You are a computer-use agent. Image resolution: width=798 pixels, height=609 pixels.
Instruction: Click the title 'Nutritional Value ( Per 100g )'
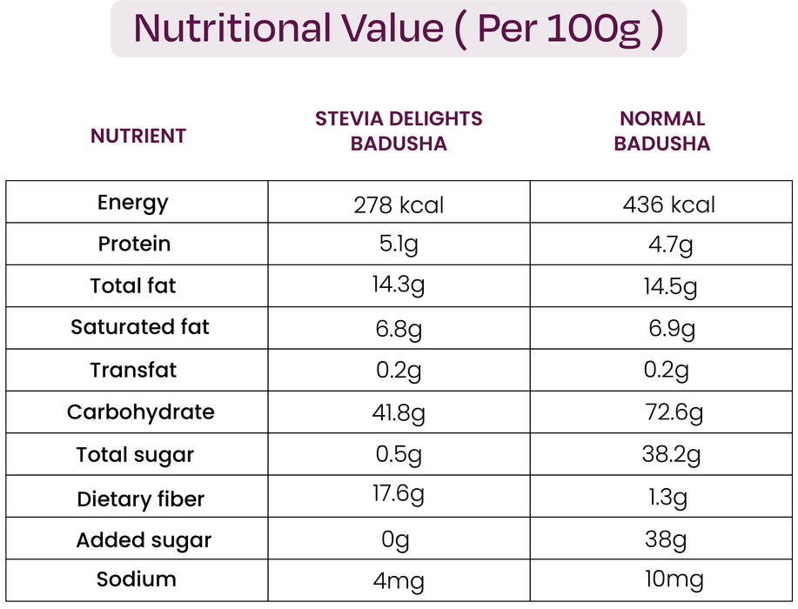click(399, 29)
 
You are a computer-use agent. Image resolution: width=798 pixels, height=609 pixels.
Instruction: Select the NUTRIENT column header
click(138, 136)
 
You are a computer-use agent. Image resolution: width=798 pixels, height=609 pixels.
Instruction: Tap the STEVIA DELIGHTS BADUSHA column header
click(399, 131)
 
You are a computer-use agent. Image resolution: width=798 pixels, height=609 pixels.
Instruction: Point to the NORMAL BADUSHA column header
click(662, 131)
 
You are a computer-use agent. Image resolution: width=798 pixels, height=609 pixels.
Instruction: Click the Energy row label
click(133, 203)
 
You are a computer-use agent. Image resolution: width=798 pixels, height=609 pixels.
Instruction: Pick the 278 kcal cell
click(399, 205)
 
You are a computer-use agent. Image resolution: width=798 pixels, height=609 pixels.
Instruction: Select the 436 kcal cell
click(669, 205)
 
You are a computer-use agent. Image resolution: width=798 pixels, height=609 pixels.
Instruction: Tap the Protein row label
click(134, 244)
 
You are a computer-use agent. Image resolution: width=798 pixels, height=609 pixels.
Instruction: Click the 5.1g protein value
click(399, 245)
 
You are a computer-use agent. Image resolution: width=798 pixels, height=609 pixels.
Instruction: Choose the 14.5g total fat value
click(670, 287)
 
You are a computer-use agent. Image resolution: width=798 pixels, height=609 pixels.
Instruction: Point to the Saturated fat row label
click(140, 327)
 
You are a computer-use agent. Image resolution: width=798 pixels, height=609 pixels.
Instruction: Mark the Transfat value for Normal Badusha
click(666, 371)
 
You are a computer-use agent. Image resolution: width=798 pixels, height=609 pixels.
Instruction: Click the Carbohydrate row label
click(140, 412)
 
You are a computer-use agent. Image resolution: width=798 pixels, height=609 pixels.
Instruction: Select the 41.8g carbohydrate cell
click(399, 413)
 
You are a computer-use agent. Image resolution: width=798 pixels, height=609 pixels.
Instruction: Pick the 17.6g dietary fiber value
click(399, 495)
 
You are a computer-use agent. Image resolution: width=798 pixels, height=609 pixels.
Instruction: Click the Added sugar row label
click(144, 540)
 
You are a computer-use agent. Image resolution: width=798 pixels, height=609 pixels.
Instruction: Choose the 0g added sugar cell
click(395, 540)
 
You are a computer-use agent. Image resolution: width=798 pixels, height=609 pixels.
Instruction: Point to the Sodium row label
click(137, 579)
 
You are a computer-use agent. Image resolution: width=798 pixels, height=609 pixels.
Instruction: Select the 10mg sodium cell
click(668, 580)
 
